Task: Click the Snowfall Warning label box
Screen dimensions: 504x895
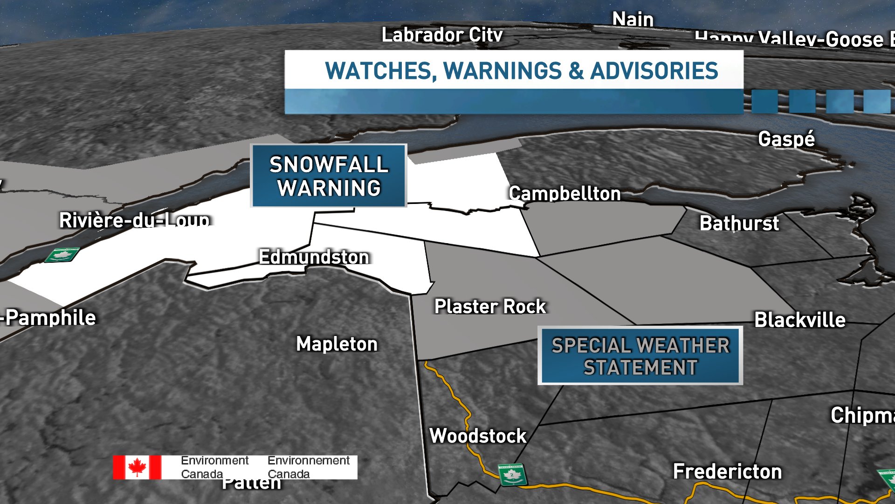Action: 329,176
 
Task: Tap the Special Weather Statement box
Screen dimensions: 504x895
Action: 640,356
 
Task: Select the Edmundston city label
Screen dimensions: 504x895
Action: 314,257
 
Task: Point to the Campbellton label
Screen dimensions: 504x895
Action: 565,193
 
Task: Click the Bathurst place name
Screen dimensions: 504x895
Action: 739,223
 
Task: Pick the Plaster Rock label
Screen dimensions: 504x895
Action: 490,307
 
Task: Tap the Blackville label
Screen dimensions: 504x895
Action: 800,320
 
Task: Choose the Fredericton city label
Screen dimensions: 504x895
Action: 727,471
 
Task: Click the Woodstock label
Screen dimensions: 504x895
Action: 478,435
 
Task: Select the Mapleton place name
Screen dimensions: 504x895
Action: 337,344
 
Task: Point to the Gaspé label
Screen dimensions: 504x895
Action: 786,139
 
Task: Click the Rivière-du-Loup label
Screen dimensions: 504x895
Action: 134,220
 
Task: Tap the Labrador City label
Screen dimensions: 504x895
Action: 442,35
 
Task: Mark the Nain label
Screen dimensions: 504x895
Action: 633,19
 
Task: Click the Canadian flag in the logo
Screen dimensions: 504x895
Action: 137,467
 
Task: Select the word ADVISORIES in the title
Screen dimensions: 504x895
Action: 654,71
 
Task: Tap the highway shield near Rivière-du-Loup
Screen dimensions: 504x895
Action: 62,255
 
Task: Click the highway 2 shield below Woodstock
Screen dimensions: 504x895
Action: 512,475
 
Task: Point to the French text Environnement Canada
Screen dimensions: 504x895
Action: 308,467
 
